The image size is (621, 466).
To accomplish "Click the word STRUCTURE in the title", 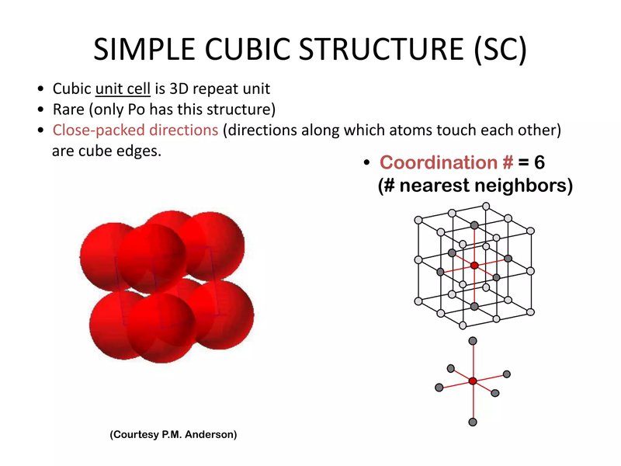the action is tap(380, 49).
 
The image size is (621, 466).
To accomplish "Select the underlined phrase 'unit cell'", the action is tap(123, 89).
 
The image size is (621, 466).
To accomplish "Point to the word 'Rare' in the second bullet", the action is tap(68, 110).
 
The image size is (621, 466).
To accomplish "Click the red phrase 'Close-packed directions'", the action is tap(135, 130).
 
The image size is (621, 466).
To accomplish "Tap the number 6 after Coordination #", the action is tap(539, 162).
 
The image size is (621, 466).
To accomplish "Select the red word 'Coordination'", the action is tap(439, 162).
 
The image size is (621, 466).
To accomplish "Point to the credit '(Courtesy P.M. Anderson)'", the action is tap(173, 434).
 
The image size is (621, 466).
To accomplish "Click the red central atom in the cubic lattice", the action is tap(474, 266).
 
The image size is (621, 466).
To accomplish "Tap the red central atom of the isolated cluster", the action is tap(473, 381).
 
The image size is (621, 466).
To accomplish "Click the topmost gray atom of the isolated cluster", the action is tap(473, 341).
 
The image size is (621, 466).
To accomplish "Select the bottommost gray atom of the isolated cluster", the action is tap(473, 422).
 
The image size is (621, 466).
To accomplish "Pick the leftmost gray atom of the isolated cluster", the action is tap(439, 388).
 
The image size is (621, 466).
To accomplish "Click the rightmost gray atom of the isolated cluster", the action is tap(507, 374).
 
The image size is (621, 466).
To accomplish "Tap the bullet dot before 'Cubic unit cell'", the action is tap(40, 89).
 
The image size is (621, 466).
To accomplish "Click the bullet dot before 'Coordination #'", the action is tap(366, 162).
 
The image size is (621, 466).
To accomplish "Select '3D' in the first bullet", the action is tap(179, 89).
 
